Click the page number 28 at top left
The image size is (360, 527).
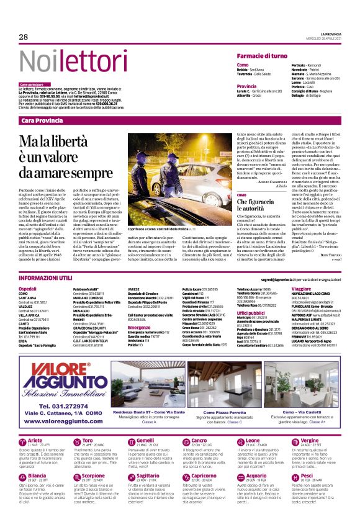click(24, 37)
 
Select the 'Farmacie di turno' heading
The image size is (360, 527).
click(261, 56)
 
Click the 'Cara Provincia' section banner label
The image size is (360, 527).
click(42, 119)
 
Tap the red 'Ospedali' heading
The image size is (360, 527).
click(27, 289)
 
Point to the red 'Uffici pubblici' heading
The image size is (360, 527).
click(250, 313)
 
